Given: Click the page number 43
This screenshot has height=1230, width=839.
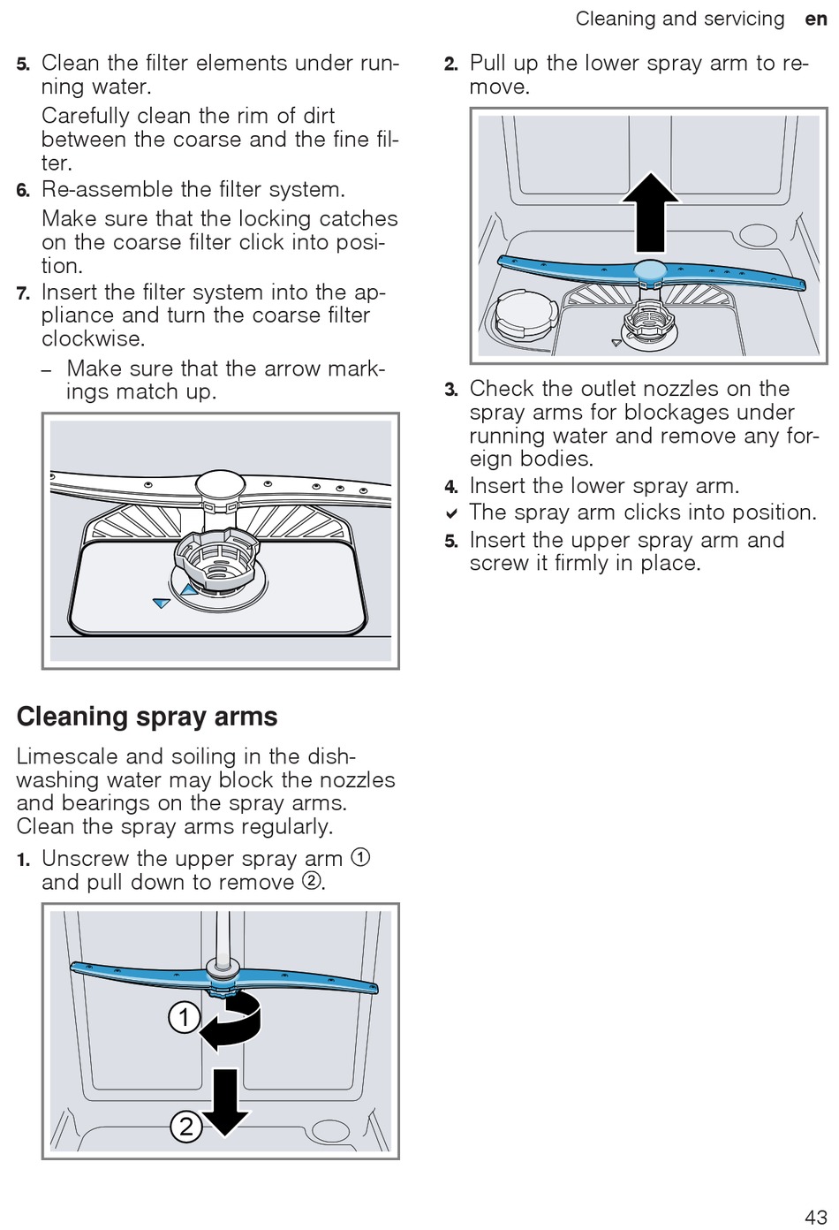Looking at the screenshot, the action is tap(814, 1216).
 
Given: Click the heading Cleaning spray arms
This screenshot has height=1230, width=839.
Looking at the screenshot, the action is tap(147, 717).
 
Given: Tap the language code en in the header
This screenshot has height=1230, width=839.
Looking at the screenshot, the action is tap(815, 19).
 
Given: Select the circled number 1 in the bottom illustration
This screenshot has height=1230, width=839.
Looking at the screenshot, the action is tap(184, 1017).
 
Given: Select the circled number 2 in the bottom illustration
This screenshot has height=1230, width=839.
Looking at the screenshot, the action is tap(185, 1126).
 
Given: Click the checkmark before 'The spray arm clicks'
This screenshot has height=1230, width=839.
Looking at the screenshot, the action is tap(451, 513).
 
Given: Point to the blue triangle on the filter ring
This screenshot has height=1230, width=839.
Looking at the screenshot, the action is tap(188, 589).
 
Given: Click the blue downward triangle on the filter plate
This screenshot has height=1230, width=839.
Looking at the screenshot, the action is tap(161, 603).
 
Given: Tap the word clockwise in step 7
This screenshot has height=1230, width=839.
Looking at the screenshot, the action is tap(93, 339).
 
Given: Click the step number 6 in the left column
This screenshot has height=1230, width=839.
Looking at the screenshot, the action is tap(23, 191).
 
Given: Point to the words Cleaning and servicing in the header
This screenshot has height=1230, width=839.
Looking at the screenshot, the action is tap(679, 19).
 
